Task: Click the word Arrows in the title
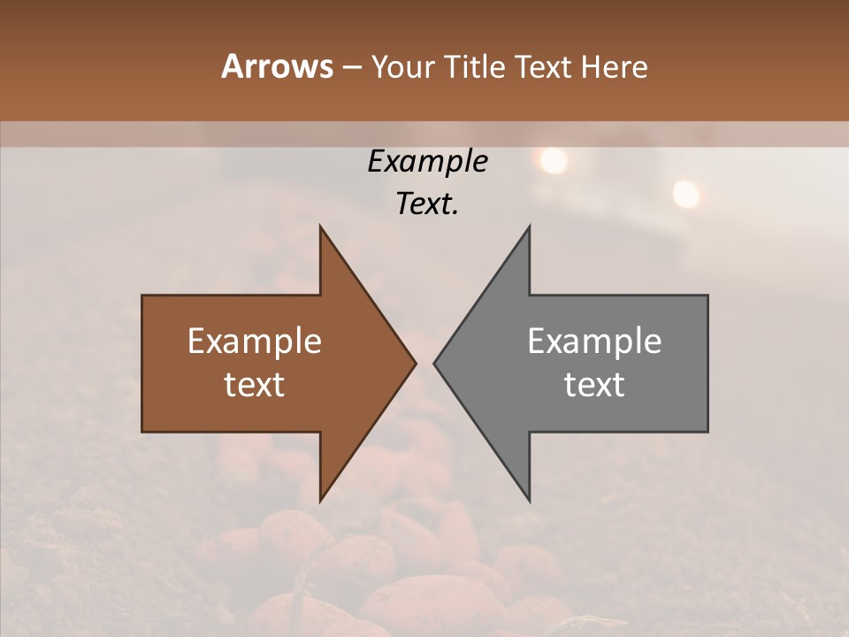coord(277,66)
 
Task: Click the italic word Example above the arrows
coord(427,161)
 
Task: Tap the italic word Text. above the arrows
coord(427,204)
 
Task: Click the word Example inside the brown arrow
coord(255,342)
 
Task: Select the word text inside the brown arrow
coord(255,385)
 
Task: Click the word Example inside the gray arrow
coord(594,342)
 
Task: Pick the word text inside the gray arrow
coord(594,385)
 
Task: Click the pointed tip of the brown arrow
coord(416,363)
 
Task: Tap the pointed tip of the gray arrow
coord(434,363)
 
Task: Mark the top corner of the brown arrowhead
coord(320,226)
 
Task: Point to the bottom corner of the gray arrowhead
coord(529,501)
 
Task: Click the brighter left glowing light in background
coord(553,160)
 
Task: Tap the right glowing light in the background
coord(685,192)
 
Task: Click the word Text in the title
coord(544,67)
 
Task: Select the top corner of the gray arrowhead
coord(529,226)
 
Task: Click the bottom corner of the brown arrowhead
coord(320,501)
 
